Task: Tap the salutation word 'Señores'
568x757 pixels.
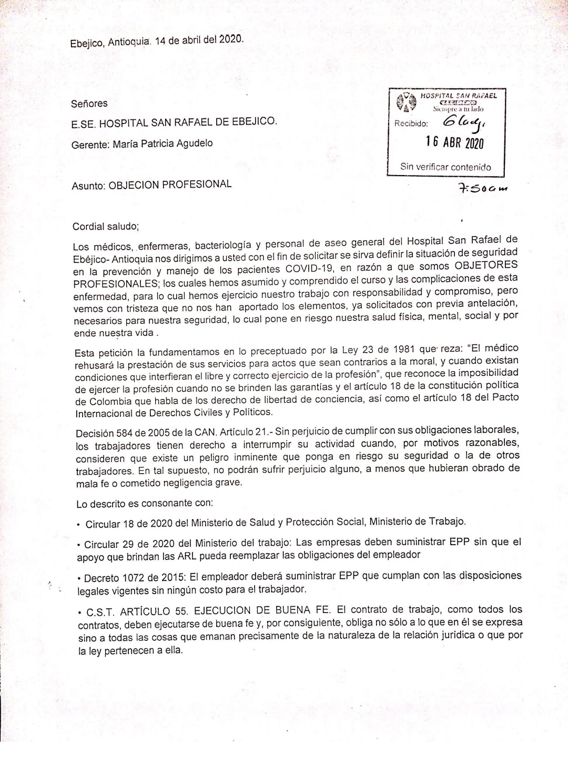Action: pyautogui.click(x=89, y=104)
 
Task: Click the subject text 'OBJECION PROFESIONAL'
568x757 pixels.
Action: pyautogui.click(x=169, y=185)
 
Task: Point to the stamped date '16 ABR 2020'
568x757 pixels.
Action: pyautogui.click(x=454, y=143)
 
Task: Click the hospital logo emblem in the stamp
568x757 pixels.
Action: pyautogui.click(x=404, y=101)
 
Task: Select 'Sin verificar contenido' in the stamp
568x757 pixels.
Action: pyautogui.click(x=445, y=167)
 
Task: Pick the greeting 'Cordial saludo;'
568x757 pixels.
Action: pyautogui.click(x=106, y=227)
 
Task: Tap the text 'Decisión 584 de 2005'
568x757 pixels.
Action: pyautogui.click(x=116, y=434)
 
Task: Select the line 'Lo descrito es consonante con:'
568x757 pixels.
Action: pyautogui.click(x=145, y=503)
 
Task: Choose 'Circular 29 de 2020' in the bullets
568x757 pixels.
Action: pyautogui.click(x=124, y=544)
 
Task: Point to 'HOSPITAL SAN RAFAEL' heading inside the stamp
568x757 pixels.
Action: pyautogui.click(x=458, y=96)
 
